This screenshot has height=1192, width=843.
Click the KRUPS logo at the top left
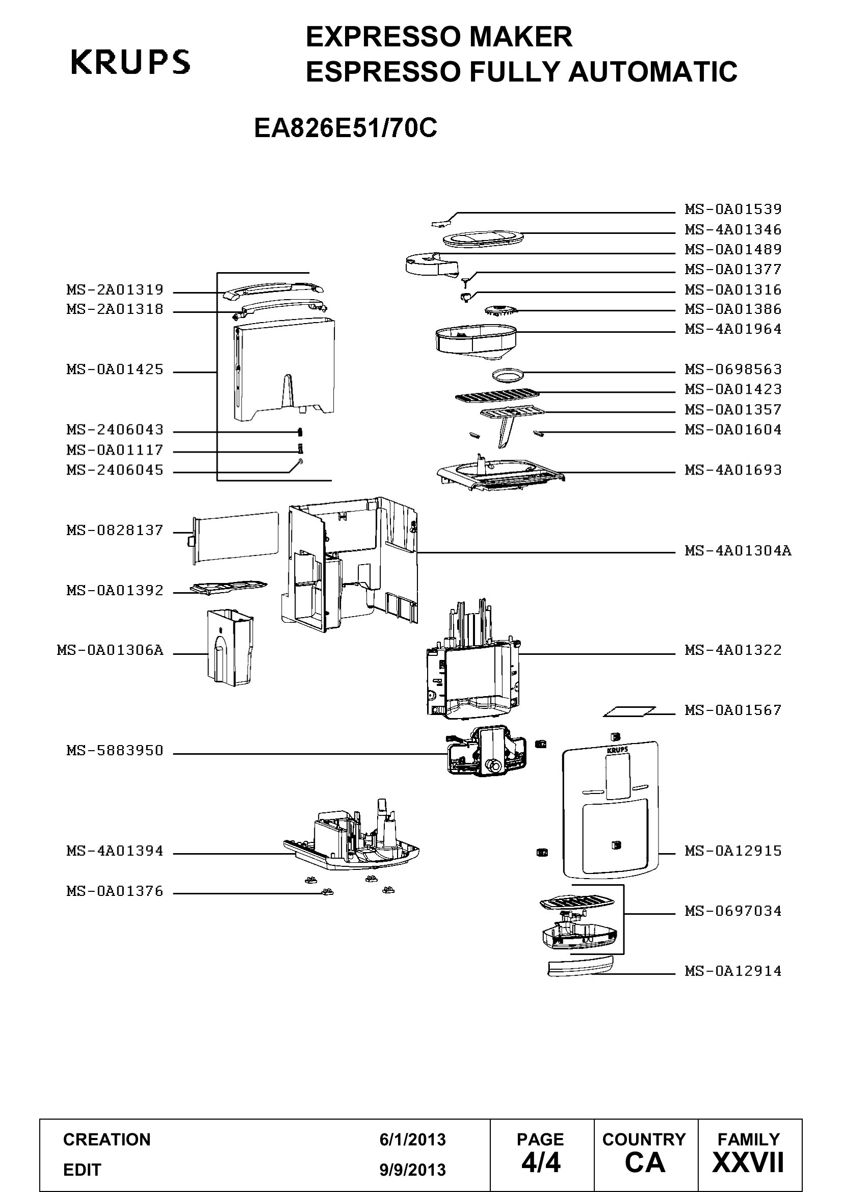coord(130,62)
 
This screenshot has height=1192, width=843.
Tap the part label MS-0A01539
coord(733,209)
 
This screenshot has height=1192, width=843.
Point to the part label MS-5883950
coord(115,751)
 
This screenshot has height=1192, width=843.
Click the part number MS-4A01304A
coord(738,550)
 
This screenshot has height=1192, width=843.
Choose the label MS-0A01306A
coord(110,650)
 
